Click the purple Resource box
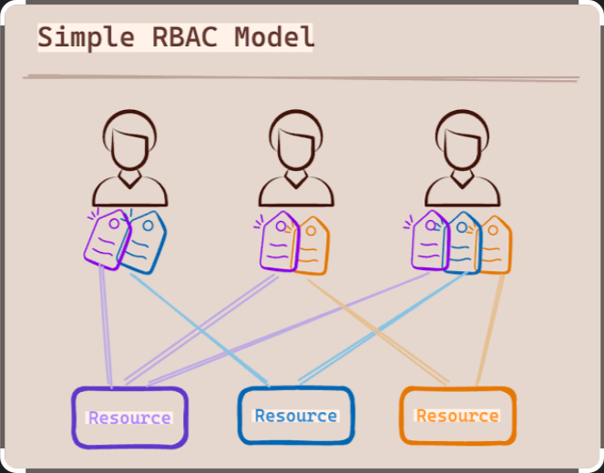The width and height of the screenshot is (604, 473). coord(129,418)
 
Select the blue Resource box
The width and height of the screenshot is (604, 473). coord(295,416)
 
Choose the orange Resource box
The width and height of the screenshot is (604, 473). coord(457,416)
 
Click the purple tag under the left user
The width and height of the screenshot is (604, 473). coord(107,239)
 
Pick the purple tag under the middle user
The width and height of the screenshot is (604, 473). coord(278,242)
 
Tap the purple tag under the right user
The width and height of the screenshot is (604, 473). coord(429,240)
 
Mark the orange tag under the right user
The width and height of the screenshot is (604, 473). coord(496,244)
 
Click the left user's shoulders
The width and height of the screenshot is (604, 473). coord(129,192)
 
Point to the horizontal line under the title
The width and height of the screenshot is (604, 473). coord(301,78)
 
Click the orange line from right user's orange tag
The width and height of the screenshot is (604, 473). coord(490,327)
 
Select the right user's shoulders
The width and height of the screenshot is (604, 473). coord(462,192)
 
